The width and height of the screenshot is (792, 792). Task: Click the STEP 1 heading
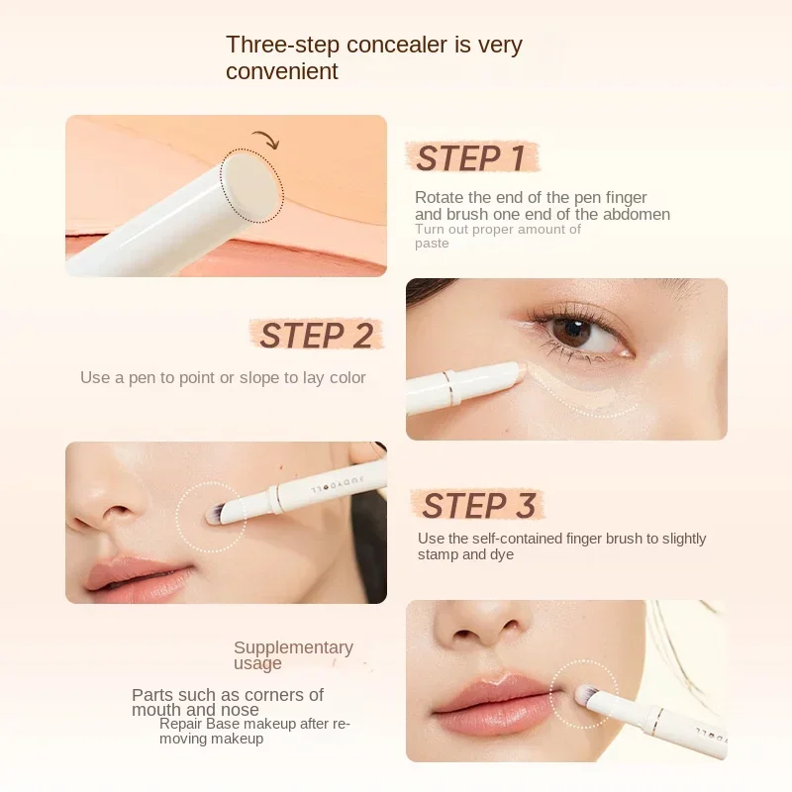click(471, 158)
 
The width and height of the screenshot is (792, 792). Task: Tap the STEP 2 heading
click(316, 336)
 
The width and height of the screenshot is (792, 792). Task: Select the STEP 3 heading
click(479, 505)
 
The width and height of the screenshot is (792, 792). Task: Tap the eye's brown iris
click(572, 332)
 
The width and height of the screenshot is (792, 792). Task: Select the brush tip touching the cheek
click(211, 514)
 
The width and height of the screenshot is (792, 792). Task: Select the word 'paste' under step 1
click(432, 244)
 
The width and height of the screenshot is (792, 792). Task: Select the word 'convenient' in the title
click(282, 71)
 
